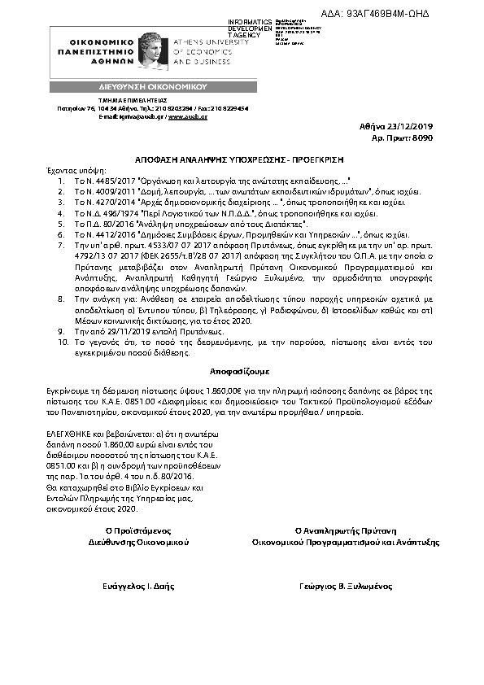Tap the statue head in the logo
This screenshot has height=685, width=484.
150,48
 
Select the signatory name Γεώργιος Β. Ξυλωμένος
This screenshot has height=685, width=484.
345,586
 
